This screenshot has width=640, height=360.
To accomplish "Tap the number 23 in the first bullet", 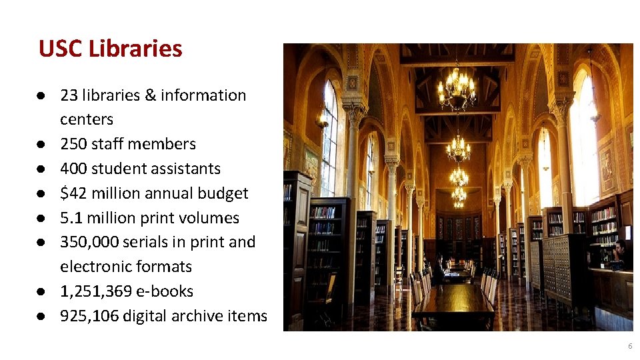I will click(69, 95).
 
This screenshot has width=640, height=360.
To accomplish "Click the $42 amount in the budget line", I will click(73, 193).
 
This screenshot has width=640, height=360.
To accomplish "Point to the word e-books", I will click(172, 291).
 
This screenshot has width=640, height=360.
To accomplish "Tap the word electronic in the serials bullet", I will click(90, 267).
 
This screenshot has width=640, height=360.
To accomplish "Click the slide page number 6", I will click(630, 347).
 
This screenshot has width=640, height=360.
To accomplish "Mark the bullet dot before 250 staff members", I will click(42, 144).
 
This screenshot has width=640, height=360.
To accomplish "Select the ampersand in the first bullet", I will click(149, 95).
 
